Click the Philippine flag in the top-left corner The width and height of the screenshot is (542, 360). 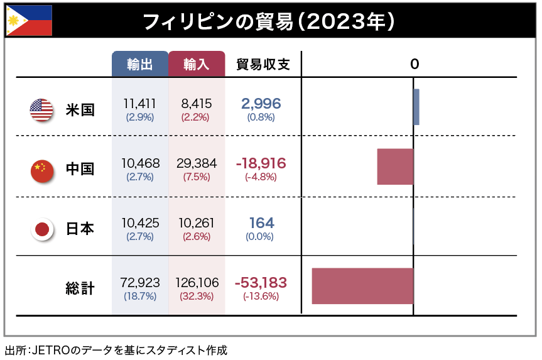coord(29,21)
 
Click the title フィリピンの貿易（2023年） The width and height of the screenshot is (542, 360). coord(269,21)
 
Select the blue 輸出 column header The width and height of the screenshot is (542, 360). coord(140,65)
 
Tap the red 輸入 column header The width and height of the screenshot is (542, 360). coord(197,65)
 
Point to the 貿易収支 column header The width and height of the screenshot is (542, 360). coord(263,65)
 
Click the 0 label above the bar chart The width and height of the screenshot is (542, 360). coord(414,64)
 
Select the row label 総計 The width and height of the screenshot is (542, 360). coord(80,288)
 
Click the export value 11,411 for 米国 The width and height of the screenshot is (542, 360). coord(140,104)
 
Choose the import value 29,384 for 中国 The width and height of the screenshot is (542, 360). coord(197,163)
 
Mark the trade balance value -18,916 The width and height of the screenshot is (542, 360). coord(261,163)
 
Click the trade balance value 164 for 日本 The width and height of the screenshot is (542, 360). coord(261,223)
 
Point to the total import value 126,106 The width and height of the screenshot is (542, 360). coord(197,283)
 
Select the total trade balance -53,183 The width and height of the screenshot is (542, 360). coord(261,283)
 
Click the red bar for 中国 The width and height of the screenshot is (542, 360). coord(395,166)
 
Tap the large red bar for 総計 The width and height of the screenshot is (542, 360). coord(362,286)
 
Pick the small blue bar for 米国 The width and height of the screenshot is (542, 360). coord(416,107)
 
